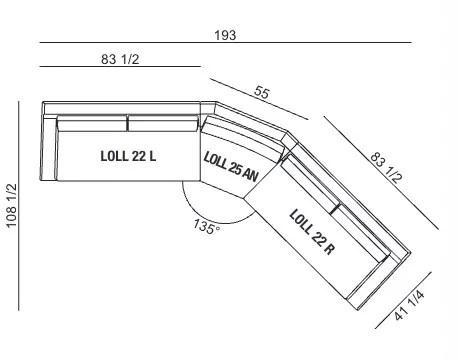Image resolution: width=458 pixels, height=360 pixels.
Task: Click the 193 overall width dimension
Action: pos(225,35)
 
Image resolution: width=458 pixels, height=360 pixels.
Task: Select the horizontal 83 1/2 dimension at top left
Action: pos(120,59)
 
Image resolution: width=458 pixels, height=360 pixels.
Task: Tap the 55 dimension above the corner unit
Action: pos(261,92)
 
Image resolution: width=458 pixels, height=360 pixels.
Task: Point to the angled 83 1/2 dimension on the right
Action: pos(386,167)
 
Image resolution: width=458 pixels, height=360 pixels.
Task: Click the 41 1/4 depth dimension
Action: pos(409,305)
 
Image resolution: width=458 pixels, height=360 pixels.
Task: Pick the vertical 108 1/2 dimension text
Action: pos(11,206)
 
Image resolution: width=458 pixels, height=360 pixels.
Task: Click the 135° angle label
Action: pos(207,227)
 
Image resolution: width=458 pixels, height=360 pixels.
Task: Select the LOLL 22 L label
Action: pos(128,156)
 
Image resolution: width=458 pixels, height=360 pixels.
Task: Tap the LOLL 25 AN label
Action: pos(231,167)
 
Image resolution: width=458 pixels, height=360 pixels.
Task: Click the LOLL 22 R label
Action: pos(312,232)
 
